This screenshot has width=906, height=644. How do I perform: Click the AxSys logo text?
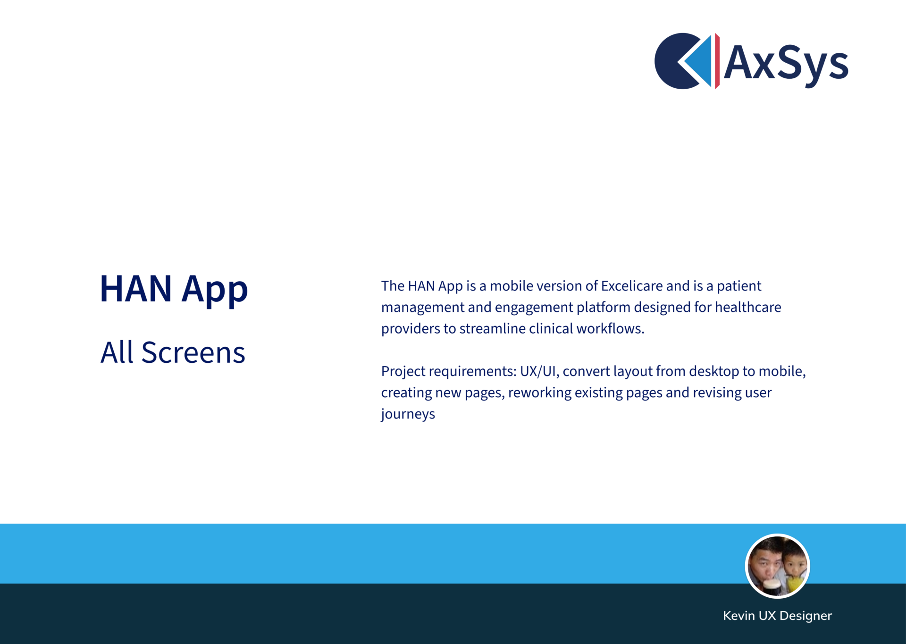(786, 64)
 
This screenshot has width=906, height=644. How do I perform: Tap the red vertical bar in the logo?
(717, 61)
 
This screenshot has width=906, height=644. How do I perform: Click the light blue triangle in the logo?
(700, 61)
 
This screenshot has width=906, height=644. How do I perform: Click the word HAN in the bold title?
(136, 289)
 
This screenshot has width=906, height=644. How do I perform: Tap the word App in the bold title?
(215, 291)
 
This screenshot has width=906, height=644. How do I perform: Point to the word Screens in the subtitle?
(193, 352)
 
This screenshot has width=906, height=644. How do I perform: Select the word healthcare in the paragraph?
(748, 307)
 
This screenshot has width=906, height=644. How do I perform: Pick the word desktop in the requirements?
(713, 372)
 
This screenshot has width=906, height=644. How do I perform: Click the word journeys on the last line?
(408, 414)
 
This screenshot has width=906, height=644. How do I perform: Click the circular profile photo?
(777, 566)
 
